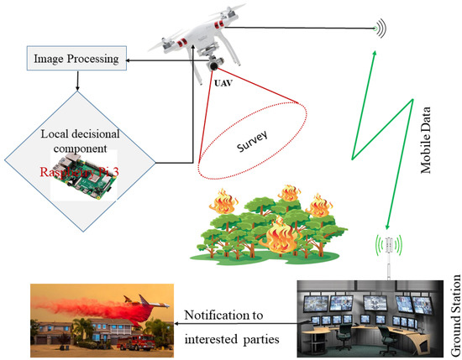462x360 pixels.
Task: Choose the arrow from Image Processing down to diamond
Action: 76,81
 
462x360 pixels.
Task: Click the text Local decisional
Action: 76,136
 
